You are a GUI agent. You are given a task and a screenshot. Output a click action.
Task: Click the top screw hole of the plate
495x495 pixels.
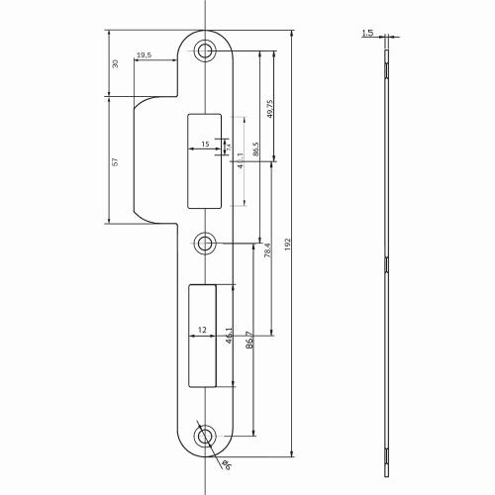tap(205, 50)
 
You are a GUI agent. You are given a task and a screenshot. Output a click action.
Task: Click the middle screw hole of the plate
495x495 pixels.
tap(205, 243)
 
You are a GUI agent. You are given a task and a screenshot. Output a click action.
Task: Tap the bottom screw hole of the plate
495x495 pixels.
tap(205, 435)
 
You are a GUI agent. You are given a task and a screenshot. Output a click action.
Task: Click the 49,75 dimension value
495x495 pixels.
tap(269, 109)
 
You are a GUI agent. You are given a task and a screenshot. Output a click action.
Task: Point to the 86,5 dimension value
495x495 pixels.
tap(255, 151)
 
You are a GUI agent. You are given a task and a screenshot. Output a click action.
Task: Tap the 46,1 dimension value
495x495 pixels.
tap(230, 339)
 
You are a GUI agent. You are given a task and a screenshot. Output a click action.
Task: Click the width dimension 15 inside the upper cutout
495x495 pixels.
tap(204, 146)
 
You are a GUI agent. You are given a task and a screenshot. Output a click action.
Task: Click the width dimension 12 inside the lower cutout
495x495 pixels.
tap(202, 330)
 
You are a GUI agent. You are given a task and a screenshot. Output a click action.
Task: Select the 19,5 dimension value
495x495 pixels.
tap(145, 55)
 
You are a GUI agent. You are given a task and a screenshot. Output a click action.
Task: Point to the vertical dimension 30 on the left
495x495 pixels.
tap(115, 63)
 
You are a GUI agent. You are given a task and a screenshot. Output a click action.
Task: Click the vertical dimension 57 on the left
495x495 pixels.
tap(115, 161)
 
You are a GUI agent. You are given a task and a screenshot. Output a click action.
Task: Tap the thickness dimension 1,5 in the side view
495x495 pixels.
tap(368, 33)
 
